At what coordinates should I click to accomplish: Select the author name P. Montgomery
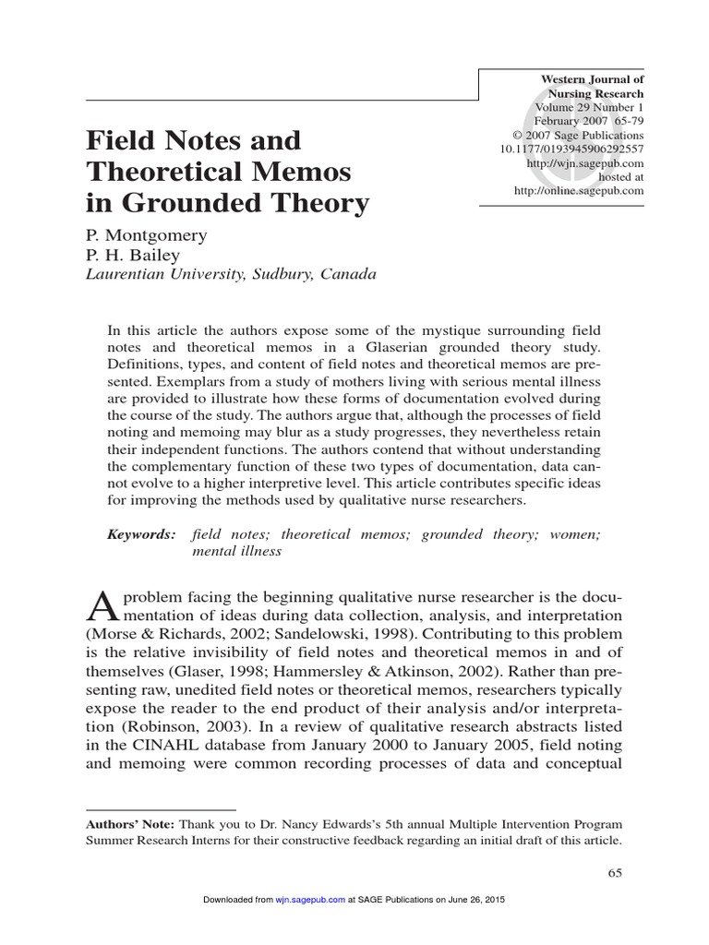click(x=146, y=235)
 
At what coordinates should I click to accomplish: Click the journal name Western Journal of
click(x=592, y=80)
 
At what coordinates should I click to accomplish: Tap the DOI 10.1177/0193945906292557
click(x=571, y=149)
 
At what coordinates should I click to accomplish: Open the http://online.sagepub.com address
click(x=579, y=190)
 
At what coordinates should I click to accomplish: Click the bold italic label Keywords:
click(x=140, y=534)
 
